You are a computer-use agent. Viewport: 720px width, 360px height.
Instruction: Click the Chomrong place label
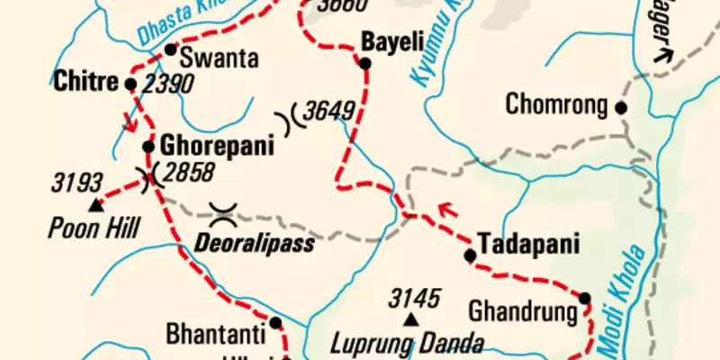(x=557, y=103)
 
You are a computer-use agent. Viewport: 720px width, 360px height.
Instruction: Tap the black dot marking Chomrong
(x=620, y=107)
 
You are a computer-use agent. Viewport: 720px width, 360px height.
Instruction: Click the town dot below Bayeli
(x=365, y=63)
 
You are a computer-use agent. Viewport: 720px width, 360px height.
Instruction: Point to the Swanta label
(x=220, y=59)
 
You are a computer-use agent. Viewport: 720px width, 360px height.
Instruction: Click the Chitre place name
(x=85, y=83)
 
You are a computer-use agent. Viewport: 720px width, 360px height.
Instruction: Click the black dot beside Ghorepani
(x=148, y=146)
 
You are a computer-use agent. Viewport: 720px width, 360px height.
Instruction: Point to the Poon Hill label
(x=94, y=229)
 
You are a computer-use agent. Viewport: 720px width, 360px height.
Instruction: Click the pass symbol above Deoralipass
(x=223, y=214)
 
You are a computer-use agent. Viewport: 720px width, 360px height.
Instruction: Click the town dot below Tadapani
(x=469, y=256)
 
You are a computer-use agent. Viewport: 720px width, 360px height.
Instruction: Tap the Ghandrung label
(x=522, y=313)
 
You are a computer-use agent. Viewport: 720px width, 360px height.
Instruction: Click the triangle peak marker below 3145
(x=411, y=319)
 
